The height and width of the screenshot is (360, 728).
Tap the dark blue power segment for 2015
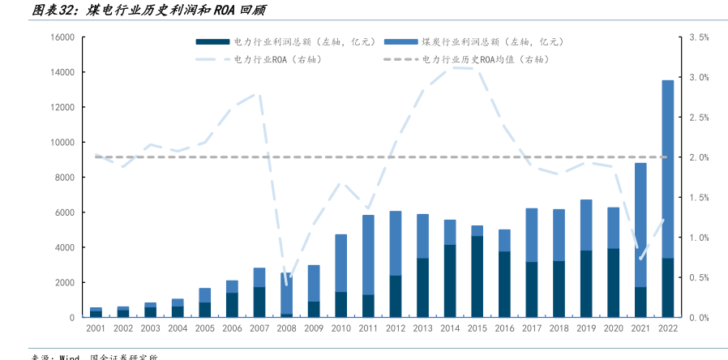tap(477, 276)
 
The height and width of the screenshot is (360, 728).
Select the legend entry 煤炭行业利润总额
tap(478, 41)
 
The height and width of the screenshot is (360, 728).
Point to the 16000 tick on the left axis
tap(62, 37)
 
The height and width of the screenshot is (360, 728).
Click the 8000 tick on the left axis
tap(65, 178)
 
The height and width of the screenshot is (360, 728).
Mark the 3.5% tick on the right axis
tap(699, 37)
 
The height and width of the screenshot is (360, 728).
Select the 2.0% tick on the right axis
tap(699, 157)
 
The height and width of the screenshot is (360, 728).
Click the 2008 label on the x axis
tap(286, 328)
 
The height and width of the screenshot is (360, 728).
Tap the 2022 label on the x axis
tap(667, 328)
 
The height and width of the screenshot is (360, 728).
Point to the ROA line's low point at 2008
tap(286, 284)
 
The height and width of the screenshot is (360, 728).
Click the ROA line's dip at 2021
tap(640, 259)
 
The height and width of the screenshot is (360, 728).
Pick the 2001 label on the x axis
tap(96, 328)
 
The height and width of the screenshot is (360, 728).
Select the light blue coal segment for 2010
tap(340, 263)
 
